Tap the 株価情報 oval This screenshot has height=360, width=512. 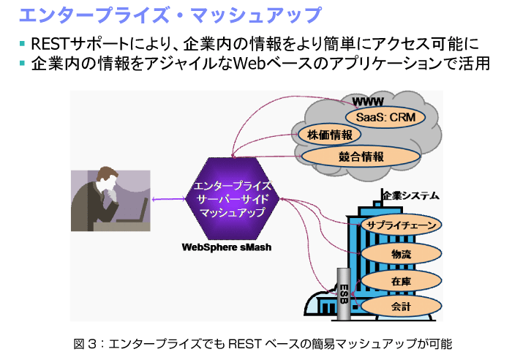point(325,135)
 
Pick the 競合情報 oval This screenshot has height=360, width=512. point(361,156)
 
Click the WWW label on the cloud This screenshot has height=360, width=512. point(368,100)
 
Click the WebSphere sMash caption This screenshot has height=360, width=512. point(227,247)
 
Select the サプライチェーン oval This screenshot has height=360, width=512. point(402,225)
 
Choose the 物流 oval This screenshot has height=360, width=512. point(401,253)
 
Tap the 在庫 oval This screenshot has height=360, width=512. point(401,280)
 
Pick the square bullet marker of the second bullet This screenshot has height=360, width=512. point(23,64)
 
